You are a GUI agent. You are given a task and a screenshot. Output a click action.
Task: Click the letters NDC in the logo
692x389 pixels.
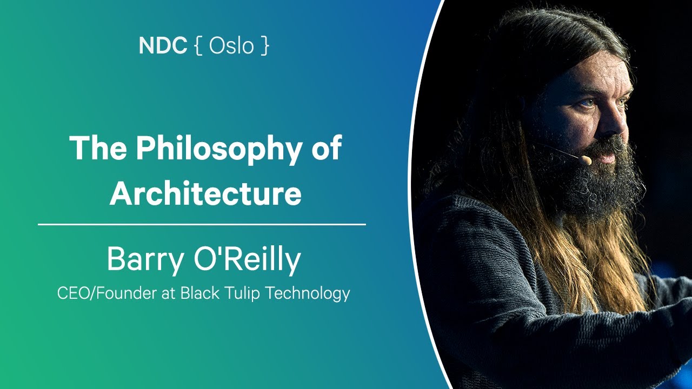pos(162,46)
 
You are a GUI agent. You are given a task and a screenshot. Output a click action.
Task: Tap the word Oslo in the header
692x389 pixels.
pos(231,46)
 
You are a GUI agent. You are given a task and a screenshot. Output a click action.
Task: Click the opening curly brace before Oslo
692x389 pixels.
pos(198,46)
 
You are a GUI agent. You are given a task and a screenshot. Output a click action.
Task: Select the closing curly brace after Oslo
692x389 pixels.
pos(264,46)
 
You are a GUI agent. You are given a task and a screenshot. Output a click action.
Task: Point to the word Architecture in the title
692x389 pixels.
pos(205,193)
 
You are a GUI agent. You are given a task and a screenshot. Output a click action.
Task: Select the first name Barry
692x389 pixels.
pos(143,260)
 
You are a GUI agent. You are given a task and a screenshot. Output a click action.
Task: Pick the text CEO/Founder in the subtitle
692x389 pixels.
pos(97,294)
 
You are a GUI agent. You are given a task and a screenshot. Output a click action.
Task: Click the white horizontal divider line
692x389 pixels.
pos(202,224)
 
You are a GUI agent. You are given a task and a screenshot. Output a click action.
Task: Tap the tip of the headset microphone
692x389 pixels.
pos(584,160)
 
